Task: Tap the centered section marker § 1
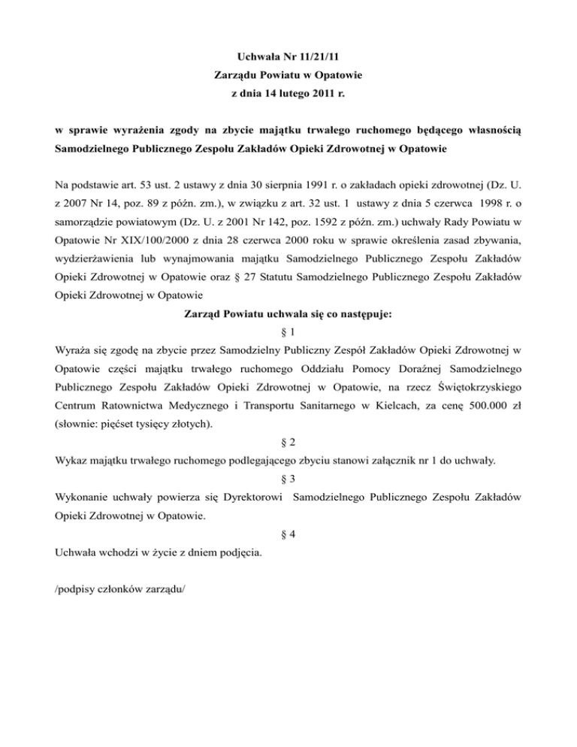pyautogui.click(x=288, y=309)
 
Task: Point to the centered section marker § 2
pyautogui.click(x=288, y=443)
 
